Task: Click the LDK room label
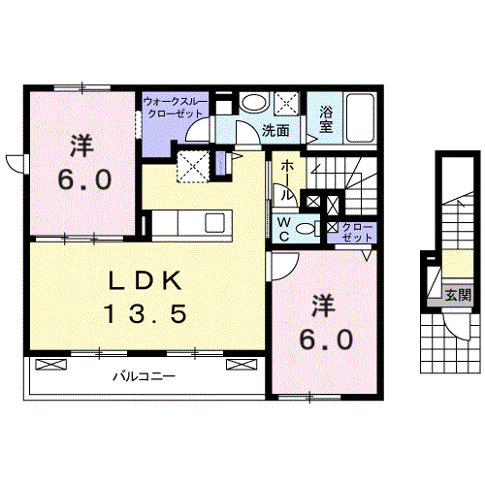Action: click(x=145, y=280)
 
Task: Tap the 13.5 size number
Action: click(x=145, y=314)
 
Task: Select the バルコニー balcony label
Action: click(x=145, y=376)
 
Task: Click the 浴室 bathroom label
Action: click(x=326, y=119)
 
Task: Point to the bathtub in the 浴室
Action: click(x=360, y=118)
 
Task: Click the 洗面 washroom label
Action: click(x=275, y=131)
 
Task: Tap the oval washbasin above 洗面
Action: click(x=254, y=103)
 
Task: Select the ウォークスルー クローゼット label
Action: click(x=175, y=108)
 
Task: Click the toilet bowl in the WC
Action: click(x=306, y=229)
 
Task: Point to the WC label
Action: click(x=283, y=229)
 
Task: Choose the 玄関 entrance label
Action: click(x=459, y=295)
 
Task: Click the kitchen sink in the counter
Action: click(x=215, y=222)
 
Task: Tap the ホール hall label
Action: click(x=287, y=180)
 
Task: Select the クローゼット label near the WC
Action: click(x=357, y=232)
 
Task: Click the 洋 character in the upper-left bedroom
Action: click(x=81, y=146)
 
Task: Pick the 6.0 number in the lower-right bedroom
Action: click(x=326, y=339)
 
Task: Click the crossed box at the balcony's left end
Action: click(x=50, y=365)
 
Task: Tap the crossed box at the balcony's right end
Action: click(x=242, y=365)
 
